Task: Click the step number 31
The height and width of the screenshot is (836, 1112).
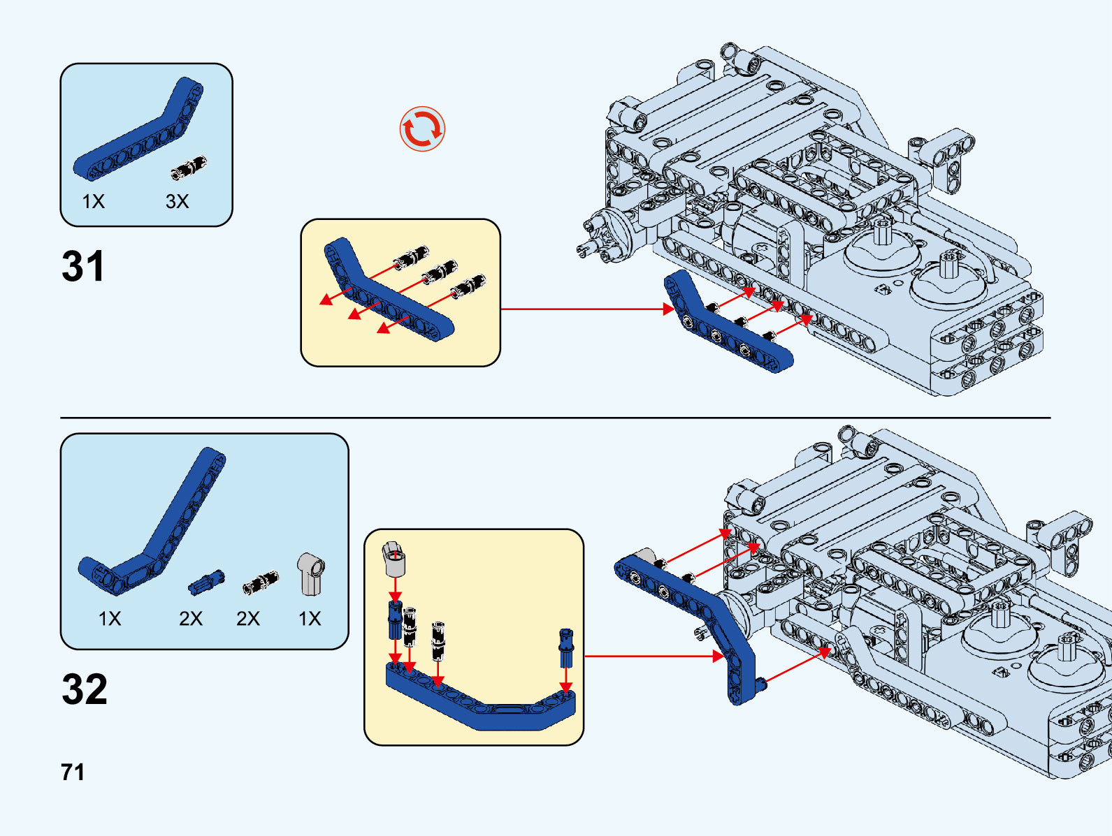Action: pyautogui.click(x=83, y=266)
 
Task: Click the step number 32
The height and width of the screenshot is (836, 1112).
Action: pyautogui.click(x=85, y=689)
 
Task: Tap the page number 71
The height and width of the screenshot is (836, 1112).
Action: pyautogui.click(x=73, y=772)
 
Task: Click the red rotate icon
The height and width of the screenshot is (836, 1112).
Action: pyautogui.click(x=422, y=129)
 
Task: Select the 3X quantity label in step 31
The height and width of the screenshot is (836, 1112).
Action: pyautogui.click(x=177, y=202)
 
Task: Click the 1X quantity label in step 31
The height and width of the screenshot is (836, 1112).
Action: pyautogui.click(x=93, y=202)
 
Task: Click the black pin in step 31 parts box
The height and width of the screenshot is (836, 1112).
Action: pyautogui.click(x=189, y=168)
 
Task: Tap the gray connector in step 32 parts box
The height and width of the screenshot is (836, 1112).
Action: pyautogui.click(x=310, y=573)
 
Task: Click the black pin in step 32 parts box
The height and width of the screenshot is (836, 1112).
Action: pyautogui.click(x=260, y=582)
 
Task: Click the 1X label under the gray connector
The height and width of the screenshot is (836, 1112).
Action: pyautogui.click(x=310, y=619)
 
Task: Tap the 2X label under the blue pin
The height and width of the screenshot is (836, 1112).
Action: pyautogui.click(x=191, y=619)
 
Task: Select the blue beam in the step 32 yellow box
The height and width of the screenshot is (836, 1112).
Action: pyautogui.click(x=482, y=705)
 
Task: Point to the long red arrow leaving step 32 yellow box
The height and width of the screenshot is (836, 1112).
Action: pyautogui.click(x=650, y=657)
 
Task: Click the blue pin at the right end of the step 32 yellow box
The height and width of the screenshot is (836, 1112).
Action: pyautogui.click(x=566, y=647)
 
